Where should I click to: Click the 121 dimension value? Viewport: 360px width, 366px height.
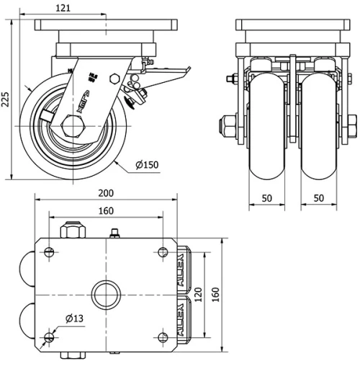pyautogui.click(x=64, y=8)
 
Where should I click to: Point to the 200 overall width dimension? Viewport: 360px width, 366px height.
pyautogui.click(x=106, y=194)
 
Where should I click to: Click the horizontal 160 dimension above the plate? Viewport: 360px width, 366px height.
pyautogui.click(x=106, y=211)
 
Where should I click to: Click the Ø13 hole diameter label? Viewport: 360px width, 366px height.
pyautogui.click(x=73, y=318)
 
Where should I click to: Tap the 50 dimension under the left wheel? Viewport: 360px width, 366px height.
pyautogui.click(x=266, y=197)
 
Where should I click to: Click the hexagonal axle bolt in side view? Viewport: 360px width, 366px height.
pyautogui.click(x=72, y=127)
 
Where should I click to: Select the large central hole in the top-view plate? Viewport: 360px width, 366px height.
pyautogui.click(x=105, y=295)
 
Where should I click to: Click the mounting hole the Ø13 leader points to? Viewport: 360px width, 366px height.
pyautogui.click(x=49, y=338)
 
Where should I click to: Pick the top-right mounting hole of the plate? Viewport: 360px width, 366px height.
pyautogui.click(x=162, y=251)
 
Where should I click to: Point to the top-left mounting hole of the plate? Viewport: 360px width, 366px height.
pyautogui.click(x=49, y=251)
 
